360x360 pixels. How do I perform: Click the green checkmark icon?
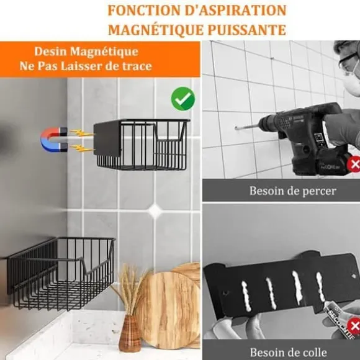tap(183, 99)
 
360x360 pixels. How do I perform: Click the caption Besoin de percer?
tap(293, 191)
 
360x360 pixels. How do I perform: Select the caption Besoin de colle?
tap(288, 352)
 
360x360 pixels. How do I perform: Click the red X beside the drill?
tap(354, 164)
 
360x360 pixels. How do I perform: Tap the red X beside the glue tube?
tap(354, 326)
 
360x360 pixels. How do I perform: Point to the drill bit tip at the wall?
tap(236, 128)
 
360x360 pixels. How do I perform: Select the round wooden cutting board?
tap(167, 310)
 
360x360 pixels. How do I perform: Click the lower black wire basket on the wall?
tap(61, 273)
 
